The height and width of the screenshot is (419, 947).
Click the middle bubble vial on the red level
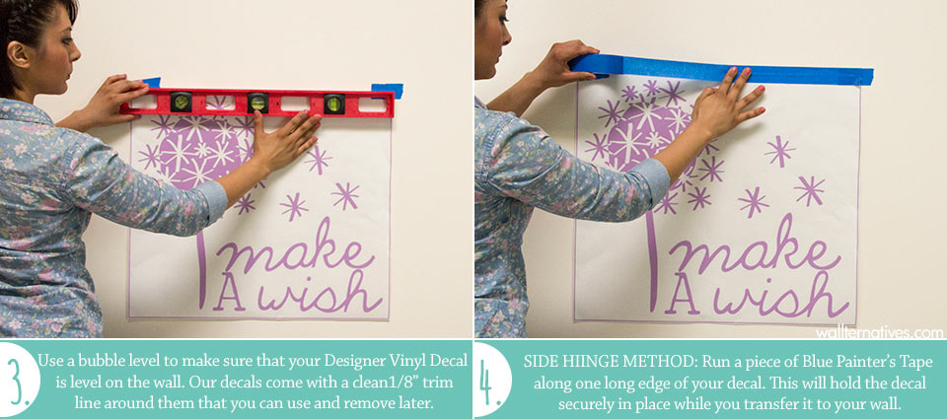click(257, 102)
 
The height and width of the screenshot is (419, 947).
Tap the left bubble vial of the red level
click(181, 102)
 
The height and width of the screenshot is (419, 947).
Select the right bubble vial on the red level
click(334, 104)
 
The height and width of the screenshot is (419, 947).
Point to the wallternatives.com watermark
click(879, 332)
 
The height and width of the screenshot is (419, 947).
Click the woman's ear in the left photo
click(18, 54)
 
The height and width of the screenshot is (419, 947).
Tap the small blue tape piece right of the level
click(388, 91)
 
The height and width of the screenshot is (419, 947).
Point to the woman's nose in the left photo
click(76, 52)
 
